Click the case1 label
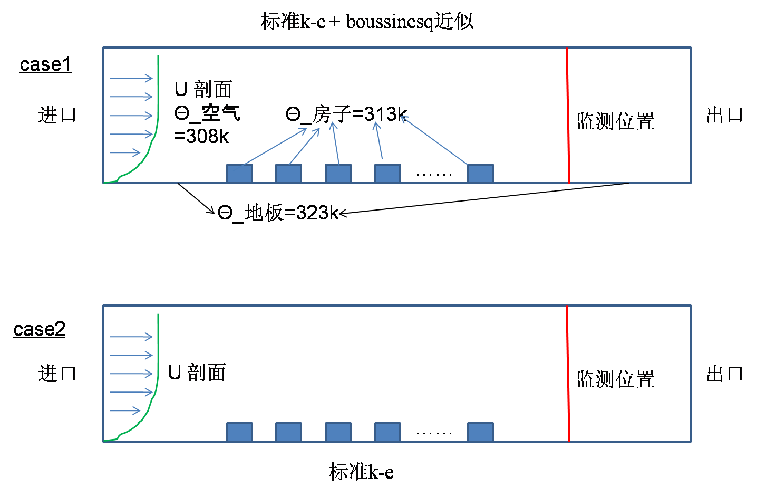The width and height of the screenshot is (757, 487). (x=45, y=65)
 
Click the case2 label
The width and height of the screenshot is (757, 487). (x=40, y=329)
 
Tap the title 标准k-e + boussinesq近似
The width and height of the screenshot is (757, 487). (x=367, y=22)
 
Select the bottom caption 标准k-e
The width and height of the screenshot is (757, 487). (x=361, y=471)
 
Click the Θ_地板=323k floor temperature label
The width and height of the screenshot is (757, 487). (x=278, y=213)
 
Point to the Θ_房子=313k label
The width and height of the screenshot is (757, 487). (x=346, y=114)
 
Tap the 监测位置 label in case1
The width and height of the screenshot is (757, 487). (x=615, y=121)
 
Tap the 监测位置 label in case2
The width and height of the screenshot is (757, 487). (x=615, y=379)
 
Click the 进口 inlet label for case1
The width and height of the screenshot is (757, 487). (x=57, y=115)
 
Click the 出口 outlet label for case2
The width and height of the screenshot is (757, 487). (x=725, y=374)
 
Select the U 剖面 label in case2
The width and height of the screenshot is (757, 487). (x=197, y=373)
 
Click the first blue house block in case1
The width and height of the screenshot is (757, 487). (x=239, y=174)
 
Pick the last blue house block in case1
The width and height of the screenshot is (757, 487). (x=480, y=174)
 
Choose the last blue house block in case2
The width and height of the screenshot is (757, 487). (x=480, y=432)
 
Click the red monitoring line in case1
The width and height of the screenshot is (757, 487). (x=568, y=116)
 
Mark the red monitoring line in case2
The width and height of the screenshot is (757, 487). (x=568, y=375)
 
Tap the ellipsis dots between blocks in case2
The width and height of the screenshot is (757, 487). (x=434, y=433)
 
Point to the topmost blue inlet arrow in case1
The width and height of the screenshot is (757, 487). (x=131, y=79)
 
